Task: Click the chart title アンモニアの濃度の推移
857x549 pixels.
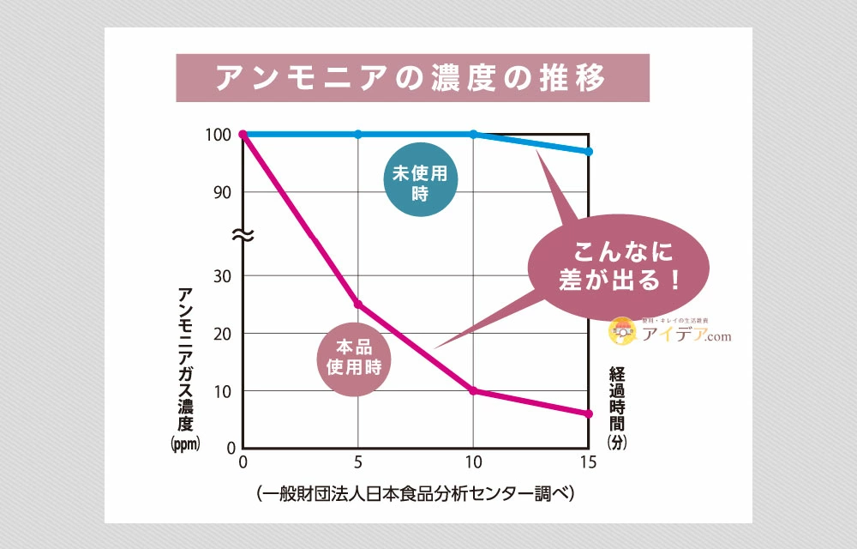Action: click(x=411, y=78)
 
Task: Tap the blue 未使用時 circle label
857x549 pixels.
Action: click(x=420, y=183)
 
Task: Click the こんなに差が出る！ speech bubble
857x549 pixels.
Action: click(x=621, y=266)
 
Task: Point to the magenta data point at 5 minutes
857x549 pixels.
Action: click(x=358, y=305)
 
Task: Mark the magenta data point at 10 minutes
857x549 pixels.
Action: click(x=474, y=391)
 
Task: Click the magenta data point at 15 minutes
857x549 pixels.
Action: click(x=589, y=414)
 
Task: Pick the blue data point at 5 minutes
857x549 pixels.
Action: click(x=358, y=134)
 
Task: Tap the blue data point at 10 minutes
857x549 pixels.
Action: click(x=474, y=134)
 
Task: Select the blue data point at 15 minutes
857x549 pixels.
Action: click(x=589, y=152)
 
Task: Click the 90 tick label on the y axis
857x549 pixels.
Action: click(x=222, y=192)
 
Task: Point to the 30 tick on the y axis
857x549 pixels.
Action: click(x=222, y=276)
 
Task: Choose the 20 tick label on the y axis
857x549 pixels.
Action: click(x=222, y=334)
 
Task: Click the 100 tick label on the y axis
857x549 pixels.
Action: click(x=218, y=135)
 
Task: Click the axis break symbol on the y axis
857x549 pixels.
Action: click(x=243, y=235)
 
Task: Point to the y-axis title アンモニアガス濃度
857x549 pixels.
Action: click(x=185, y=360)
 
